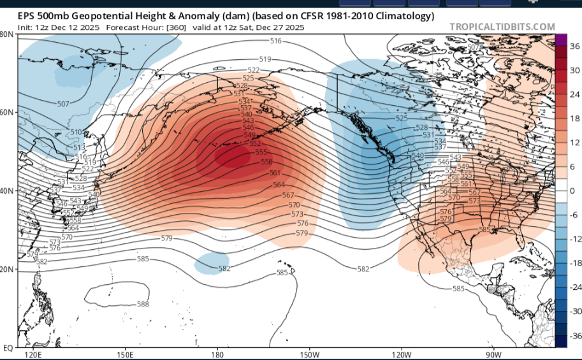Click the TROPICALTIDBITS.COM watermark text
pos(502,27)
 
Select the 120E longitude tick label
pos(33,355)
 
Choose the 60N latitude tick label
pos(7,112)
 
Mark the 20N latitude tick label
pos(7,270)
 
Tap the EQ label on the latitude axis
pos(8,348)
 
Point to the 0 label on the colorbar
pos(572,191)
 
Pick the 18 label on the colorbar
pos(573,118)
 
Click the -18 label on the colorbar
pos(574,263)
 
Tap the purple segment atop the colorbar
pos(561,39)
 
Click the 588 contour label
pos(143,304)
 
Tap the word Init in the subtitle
pos(24,27)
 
